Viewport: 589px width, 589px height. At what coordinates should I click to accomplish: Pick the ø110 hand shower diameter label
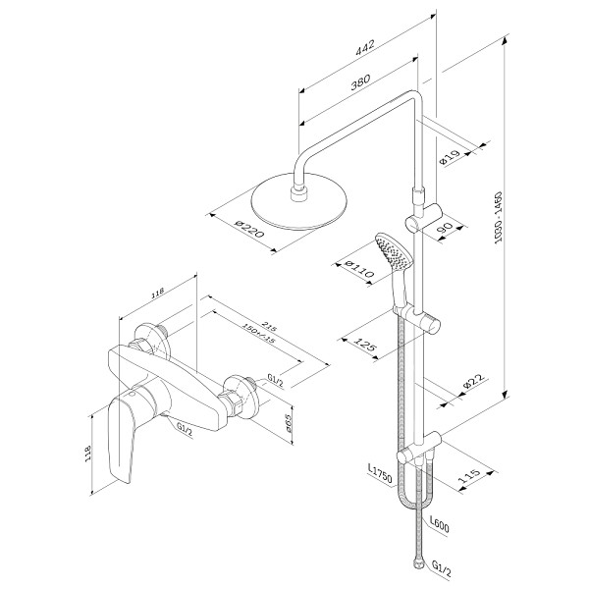pos(350,265)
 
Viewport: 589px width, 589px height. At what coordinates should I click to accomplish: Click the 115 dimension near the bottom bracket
pos(469,478)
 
